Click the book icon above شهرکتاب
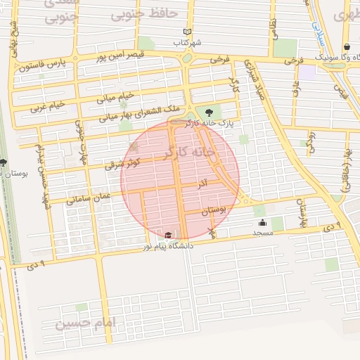[x=186, y=32]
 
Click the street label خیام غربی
[x=47, y=106]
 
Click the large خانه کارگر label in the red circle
[x=186, y=153]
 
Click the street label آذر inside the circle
[x=202, y=184]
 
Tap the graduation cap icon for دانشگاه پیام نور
[x=168, y=236]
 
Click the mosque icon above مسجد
[x=262, y=223]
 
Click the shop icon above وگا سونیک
[x=347, y=47]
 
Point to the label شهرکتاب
[x=188, y=42]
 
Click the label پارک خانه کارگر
[x=210, y=123]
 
